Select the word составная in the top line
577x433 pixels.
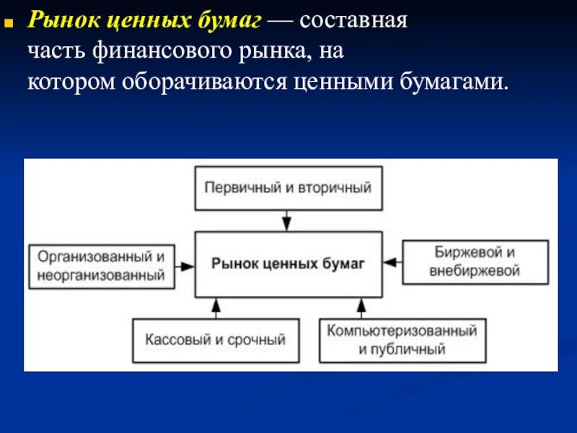pyautogui.click(x=355, y=21)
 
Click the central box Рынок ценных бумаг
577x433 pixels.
pyautogui.click(x=288, y=264)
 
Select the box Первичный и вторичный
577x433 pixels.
pyautogui.click(x=288, y=188)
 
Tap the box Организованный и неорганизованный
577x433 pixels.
pyautogui.click(x=102, y=266)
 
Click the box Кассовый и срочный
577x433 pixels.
pyautogui.click(x=215, y=340)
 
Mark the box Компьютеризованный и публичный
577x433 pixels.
pyautogui.click(x=402, y=340)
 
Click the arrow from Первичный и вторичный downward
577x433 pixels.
pyautogui.click(x=288, y=220)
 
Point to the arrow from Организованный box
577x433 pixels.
pyautogui.click(x=185, y=266)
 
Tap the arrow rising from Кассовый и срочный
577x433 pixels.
pyautogui.click(x=215, y=308)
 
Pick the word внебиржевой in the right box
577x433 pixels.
pyautogui.click(x=475, y=272)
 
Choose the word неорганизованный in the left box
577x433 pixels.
pyautogui.click(x=102, y=275)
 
